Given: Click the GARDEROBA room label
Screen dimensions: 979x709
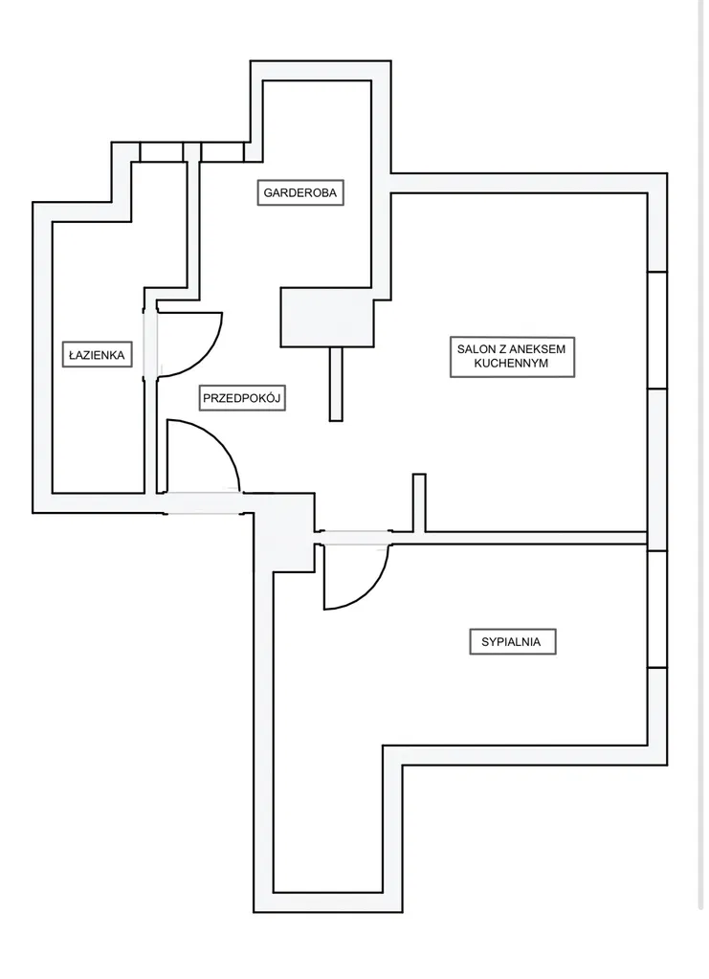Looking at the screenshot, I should [301, 192].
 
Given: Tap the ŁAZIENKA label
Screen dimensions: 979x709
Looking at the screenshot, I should [97, 355].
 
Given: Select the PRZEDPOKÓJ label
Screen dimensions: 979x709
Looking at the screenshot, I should [245, 398].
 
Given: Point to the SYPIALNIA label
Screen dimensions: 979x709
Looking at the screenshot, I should [512, 642].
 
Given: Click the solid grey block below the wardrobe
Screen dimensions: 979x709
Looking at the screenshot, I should [325, 317].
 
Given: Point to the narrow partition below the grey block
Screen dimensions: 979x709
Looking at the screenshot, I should [335, 383].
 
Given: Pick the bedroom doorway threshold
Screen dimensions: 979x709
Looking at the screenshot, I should [353, 537].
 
